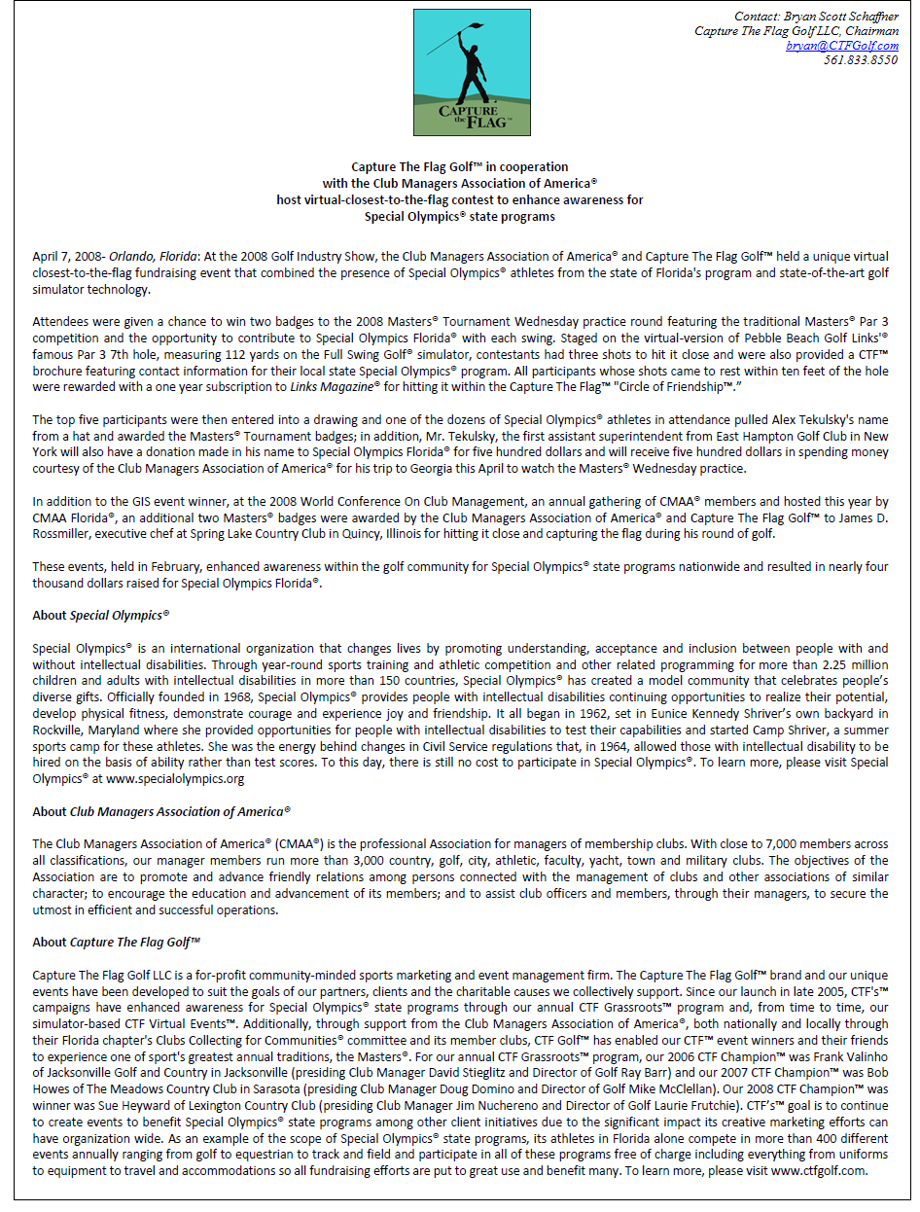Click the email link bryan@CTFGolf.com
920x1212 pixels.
click(x=842, y=46)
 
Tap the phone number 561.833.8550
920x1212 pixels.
click(x=861, y=60)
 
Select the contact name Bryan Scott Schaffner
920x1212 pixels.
click(x=842, y=17)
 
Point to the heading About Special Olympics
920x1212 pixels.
click(x=101, y=615)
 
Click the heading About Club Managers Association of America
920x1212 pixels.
click(x=161, y=811)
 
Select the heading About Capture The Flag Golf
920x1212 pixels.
click(x=117, y=942)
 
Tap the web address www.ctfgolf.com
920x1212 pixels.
click(x=818, y=1170)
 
